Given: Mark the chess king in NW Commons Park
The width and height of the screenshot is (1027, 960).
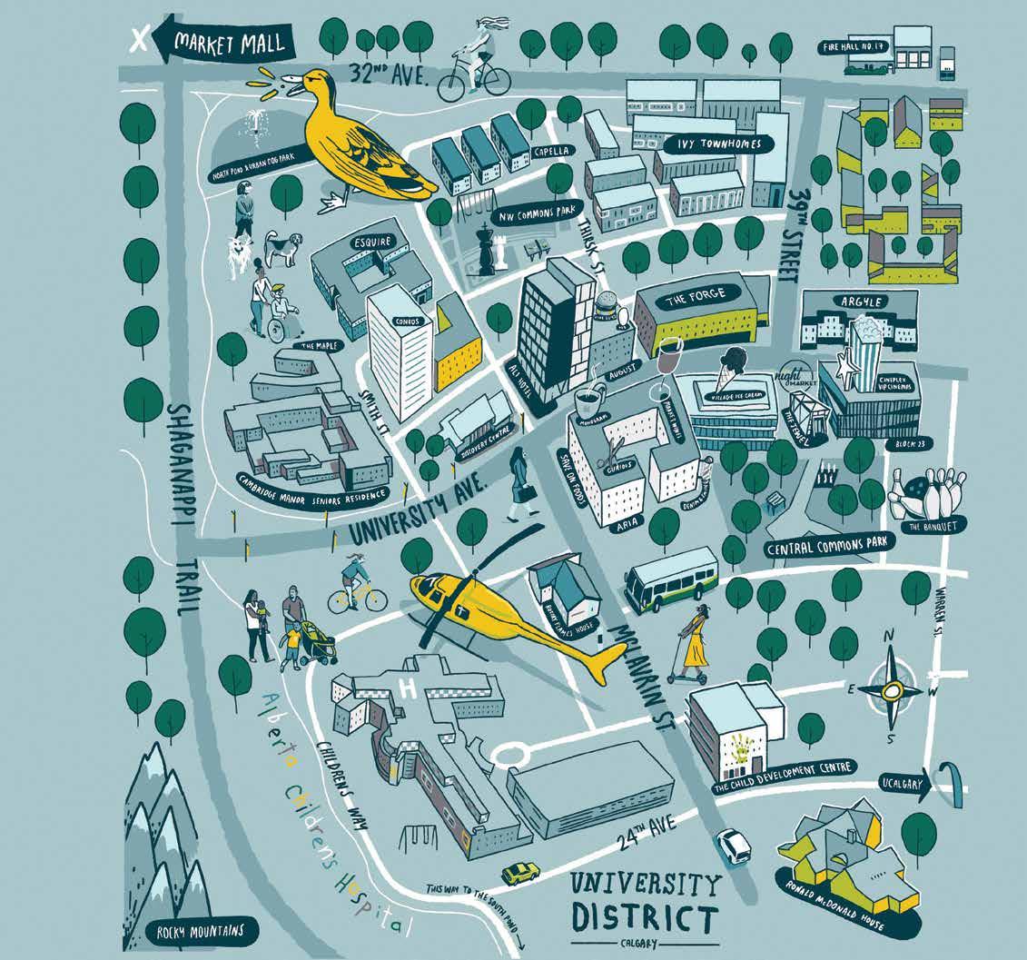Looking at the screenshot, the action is (488, 250).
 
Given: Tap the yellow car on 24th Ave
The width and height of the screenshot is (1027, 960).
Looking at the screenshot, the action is (520, 874).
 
